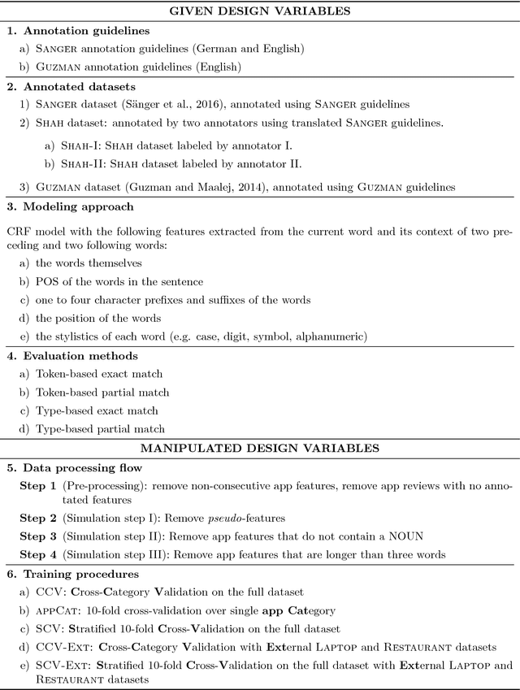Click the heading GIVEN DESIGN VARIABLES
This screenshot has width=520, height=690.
(259, 11)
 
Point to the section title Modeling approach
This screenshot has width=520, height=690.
(73, 207)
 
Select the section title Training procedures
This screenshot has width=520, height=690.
(76, 573)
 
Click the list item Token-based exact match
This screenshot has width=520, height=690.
(97, 374)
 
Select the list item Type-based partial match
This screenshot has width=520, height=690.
(100, 428)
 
